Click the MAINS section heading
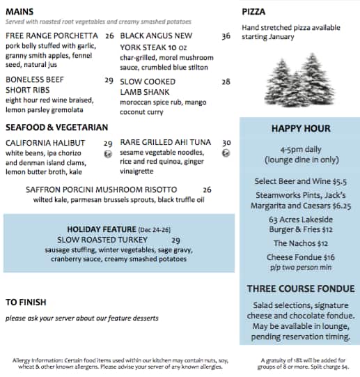tap(22, 12)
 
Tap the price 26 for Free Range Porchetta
tap(109, 36)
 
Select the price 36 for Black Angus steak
tap(226, 36)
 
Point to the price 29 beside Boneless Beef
tap(109, 81)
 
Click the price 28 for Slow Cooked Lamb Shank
tap(226, 81)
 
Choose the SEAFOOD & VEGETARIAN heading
tap(56, 128)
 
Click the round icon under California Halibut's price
tap(108, 155)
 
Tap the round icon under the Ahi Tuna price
tap(226, 153)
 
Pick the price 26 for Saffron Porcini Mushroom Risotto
tap(207, 189)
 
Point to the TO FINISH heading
tap(26, 302)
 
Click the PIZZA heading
tap(254, 12)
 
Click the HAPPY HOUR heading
tap(301, 128)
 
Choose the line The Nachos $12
tap(300, 243)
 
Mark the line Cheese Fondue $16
tap(300, 257)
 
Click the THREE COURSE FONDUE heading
tap(300, 288)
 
